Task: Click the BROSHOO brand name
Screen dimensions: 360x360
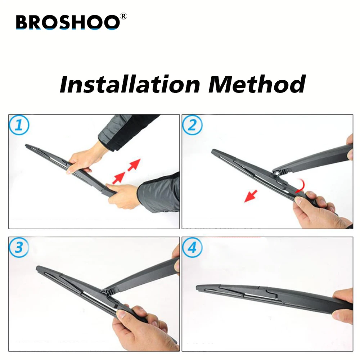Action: [67, 22]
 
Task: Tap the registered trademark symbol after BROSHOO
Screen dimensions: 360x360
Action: [124, 17]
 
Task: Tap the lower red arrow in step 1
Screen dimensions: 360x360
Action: [119, 177]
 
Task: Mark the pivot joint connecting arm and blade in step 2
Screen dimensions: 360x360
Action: [278, 174]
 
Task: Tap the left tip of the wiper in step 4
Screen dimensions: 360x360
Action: [198, 287]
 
